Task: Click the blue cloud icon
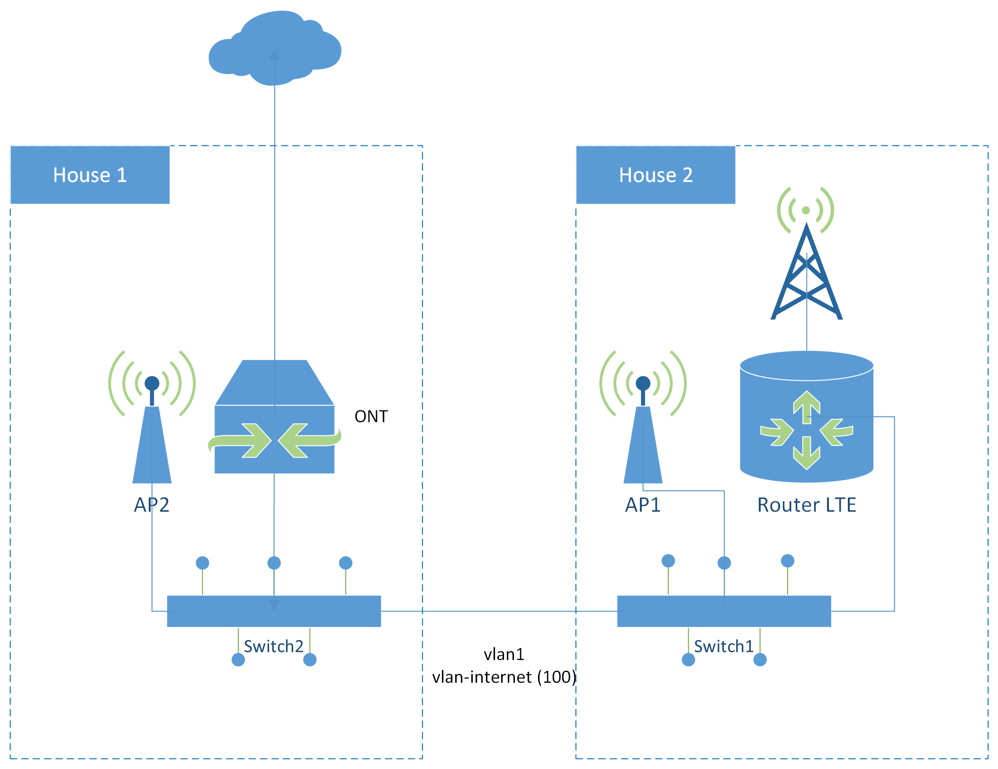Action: (275, 47)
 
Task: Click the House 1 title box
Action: (90, 175)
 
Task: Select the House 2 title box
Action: (656, 175)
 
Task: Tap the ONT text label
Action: (371, 416)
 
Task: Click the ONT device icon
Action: (275, 417)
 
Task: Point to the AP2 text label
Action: (152, 505)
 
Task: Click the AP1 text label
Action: (643, 505)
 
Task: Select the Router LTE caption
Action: (807, 505)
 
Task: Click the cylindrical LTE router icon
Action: (807, 417)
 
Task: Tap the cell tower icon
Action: (807, 275)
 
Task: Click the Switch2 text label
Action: (273, 646)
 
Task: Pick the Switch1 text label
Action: (723, 646)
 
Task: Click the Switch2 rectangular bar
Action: (274, 611)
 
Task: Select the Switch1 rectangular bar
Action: (724, 611)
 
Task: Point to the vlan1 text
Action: (504, 654)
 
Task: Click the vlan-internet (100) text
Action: (504, 677)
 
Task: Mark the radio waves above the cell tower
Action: (806, 210)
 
